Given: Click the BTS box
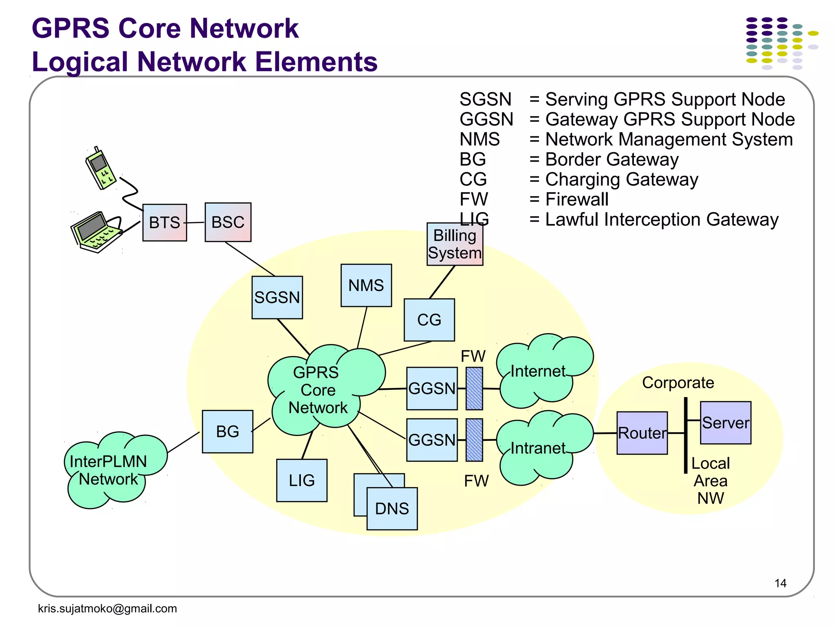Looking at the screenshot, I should pyautogui.click(x=164, y=222).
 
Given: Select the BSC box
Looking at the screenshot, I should pyautogui.click(x=228, y=222).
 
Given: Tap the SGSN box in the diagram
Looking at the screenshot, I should pyautogui.click(x=277, y=297).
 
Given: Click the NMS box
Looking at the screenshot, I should pyautogui.click(x=366, y=285).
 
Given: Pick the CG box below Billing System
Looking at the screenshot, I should pyautogui.click(x=429, y=320).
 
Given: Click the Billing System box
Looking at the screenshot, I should pyautogui.click(x=454, y=244).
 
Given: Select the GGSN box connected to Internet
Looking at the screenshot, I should pyautogui.click(x=432, y=388).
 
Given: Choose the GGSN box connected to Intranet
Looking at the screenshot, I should pyautogui.click(x=432, y=440).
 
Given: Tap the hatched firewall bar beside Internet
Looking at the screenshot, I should pyautogui.click(x=474, y=388).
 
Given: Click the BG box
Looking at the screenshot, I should pyautogui.click(x=227, y=431).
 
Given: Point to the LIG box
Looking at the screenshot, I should pyautogui.click(x=302, y=480).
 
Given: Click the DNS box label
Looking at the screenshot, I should pyautogui.click(x=392, y=509).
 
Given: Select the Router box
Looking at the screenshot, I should pyautogui.click(x=642, y=433).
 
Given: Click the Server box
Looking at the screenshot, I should pyautogui.click(x=725, y=422).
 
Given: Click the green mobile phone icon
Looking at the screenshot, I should pyautogui.click(x=101, y=169).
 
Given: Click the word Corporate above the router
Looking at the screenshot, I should pyautogui.click(x=678, y=382).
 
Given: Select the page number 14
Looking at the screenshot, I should pyautogui.click(x=780, y=583).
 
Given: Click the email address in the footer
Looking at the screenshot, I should pyautogui.click(x=107, y=608).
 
